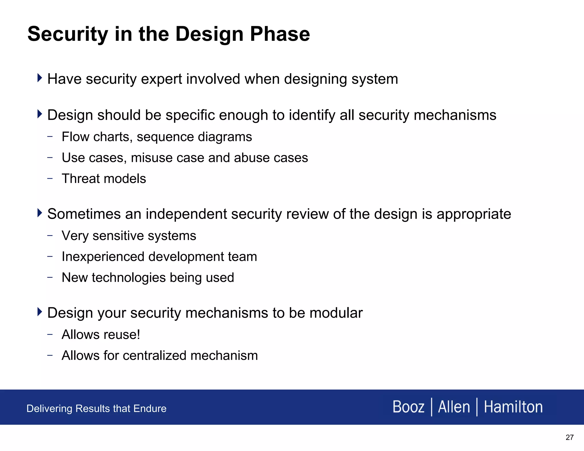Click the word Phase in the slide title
(280, 34)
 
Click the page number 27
(569, 437)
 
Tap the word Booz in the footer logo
(408, 407)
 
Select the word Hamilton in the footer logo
(513, 407)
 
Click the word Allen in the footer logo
(454, 407)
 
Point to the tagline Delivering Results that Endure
(96, 409)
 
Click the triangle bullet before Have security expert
(40, 78)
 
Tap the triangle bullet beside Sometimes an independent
(40, 213)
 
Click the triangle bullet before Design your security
(40, 312)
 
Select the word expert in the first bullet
(161, 79)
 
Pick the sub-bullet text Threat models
(104, 179)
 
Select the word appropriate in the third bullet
(474, 214)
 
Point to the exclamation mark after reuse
(139, 334)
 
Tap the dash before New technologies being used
(50, 277)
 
